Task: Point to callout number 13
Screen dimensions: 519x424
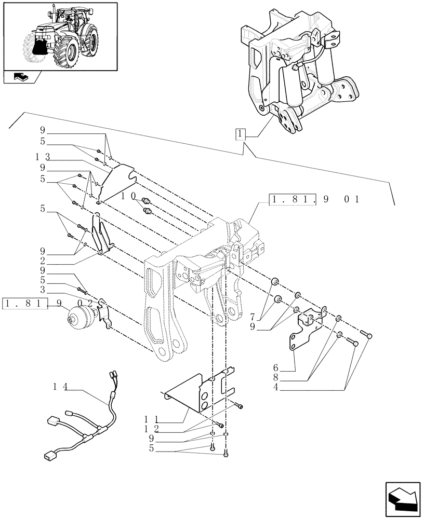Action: pos(43,156)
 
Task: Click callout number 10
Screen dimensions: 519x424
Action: pos(128,197)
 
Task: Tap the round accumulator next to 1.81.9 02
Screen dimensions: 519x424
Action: pos(78,317)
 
